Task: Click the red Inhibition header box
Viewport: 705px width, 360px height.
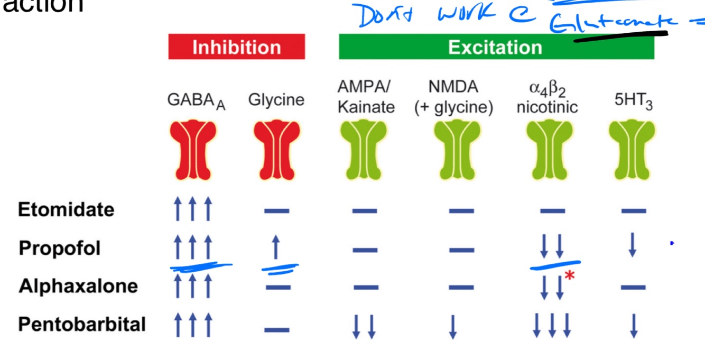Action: tap(236, 47)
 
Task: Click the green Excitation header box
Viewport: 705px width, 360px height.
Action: tap(496, 47)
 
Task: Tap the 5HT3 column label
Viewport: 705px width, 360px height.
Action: tap(633, 100)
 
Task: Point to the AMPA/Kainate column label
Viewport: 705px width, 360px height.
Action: tap(366, 97)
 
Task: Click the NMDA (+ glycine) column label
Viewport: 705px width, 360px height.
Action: tap(453, 97)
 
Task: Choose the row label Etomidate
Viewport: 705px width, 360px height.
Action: tap(66, 210)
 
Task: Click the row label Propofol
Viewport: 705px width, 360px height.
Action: tap(60, 248)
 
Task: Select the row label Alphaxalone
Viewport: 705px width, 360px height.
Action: tap(78, 286)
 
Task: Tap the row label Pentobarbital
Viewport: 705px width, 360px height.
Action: tap(82, 324)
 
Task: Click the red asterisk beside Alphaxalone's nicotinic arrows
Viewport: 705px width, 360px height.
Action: tap(569, 275)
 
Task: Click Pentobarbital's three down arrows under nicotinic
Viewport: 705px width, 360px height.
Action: tap(552, 325)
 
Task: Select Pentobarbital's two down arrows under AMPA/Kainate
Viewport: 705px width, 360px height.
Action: tap(364, 326)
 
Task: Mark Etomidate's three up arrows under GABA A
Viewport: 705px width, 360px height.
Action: tap(192, 209)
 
